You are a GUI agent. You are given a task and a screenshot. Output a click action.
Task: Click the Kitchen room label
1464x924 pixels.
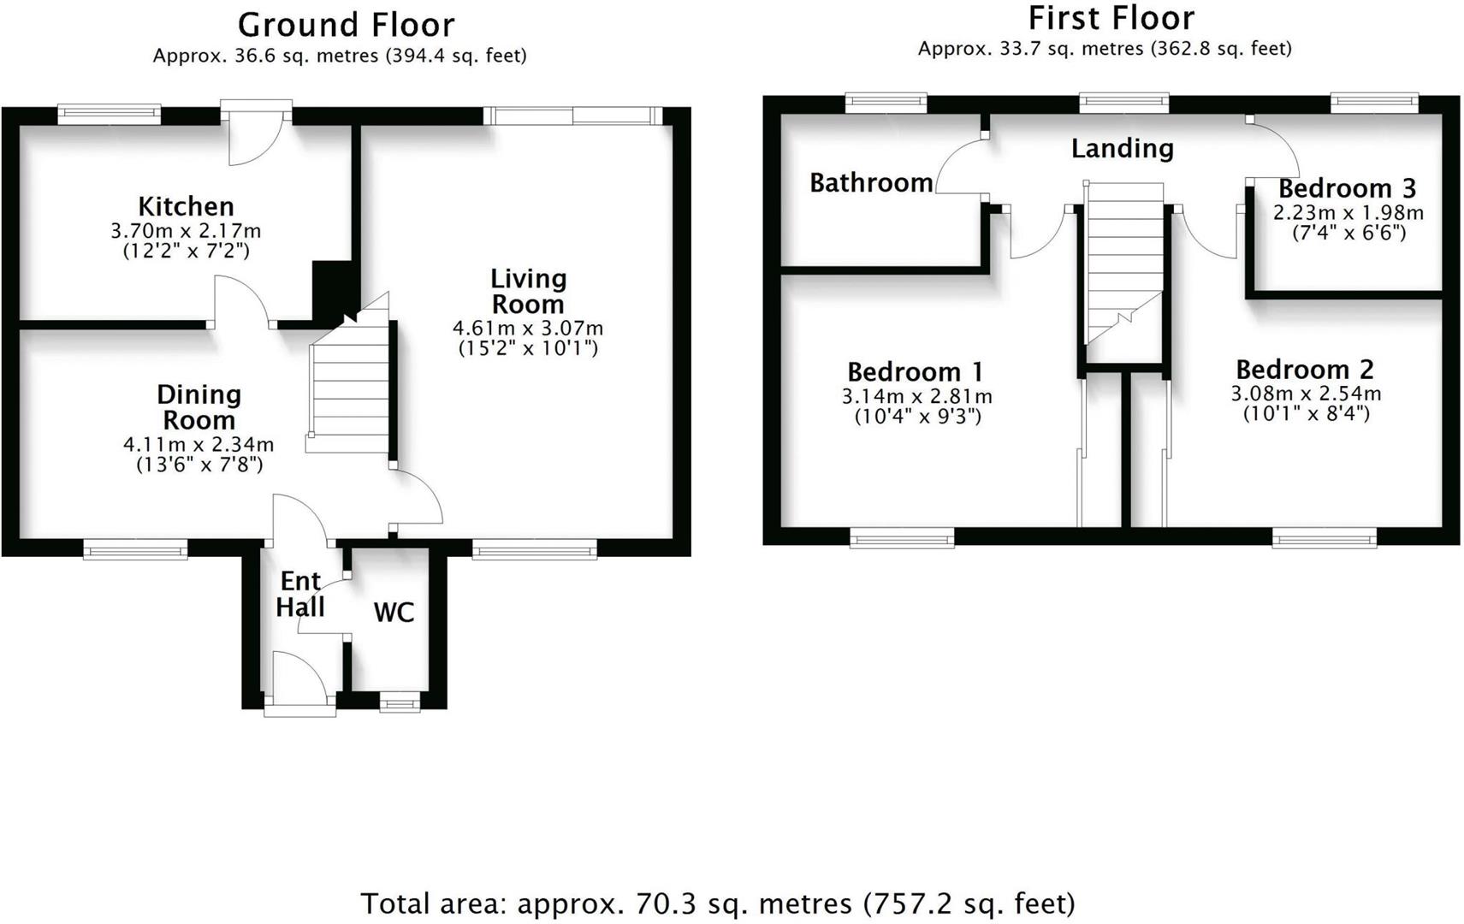(x=186, y=206)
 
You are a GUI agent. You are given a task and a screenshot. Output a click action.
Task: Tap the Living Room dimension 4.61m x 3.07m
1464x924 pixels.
(x=527, y=328)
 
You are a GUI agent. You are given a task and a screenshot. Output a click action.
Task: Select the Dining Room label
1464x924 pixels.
(x=199, y=407)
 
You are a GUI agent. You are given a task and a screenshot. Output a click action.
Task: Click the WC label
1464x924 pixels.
(x=394, y=612)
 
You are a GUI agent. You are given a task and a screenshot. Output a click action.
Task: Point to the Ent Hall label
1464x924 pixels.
(x=300, y=594)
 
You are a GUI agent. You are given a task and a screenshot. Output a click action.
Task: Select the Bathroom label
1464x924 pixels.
(x=870, y=182)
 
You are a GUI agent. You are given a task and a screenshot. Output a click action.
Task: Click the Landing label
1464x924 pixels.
(x=1122, y=148)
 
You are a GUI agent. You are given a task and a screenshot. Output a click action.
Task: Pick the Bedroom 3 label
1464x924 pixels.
(x=1347, y=188)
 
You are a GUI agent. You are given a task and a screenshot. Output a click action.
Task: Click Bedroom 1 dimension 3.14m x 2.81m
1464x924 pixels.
(x=916, y=396)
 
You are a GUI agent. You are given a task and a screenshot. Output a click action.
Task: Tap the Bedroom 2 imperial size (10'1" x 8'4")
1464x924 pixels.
(x=1306, y=413)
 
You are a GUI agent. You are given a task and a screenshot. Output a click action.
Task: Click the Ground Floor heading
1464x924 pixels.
(x=346, y=25)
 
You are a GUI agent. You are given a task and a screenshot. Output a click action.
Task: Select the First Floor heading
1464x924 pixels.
(x=1111, y=18)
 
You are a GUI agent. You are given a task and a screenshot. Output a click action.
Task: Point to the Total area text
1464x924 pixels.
(x=717, y=903)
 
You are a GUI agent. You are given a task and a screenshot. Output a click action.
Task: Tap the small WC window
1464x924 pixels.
(x=400, y=704)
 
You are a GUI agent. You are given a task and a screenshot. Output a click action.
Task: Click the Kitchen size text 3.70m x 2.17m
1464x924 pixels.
(x=186, y=230)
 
